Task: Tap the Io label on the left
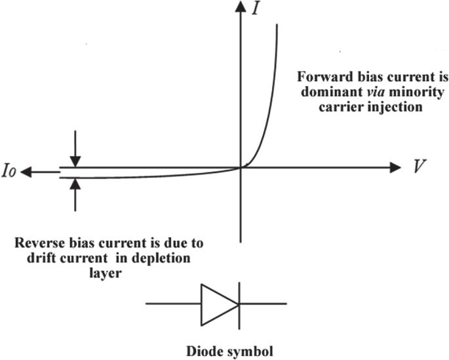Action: (9, 172)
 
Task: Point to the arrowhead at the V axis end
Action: (395, 167)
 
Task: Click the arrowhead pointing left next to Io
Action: (26, 172)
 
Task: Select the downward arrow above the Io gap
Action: (76, 157)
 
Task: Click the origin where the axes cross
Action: (242, 167)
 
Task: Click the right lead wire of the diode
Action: (263, 304)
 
